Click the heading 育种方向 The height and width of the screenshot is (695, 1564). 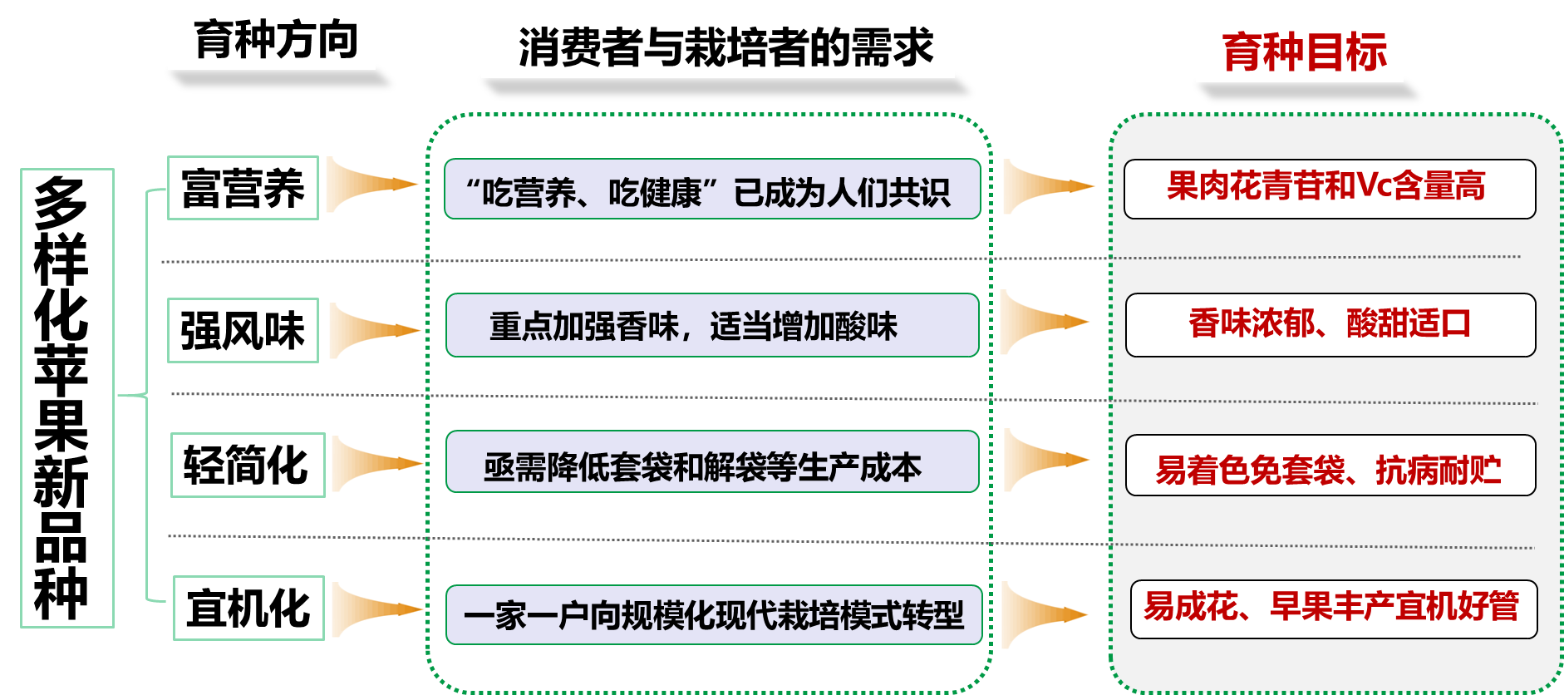pos(272,39)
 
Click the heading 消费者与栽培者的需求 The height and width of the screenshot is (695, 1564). pos(718,47)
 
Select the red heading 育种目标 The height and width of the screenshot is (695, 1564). pos(1300,52)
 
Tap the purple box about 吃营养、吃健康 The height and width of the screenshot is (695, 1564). pos(712,190)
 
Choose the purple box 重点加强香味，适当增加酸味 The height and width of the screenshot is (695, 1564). pos(712,325)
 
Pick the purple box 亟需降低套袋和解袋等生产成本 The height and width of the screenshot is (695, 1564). pos(712,462)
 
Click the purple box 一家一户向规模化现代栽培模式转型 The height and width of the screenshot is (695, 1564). pos(714,615)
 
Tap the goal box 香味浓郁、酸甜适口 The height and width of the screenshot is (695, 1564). pos(1330,325)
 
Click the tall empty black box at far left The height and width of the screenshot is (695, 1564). pos(67,397)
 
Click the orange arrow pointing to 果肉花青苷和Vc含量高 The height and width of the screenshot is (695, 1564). pos(1050,187)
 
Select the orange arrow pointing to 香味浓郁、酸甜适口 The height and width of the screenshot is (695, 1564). pos(1046,322)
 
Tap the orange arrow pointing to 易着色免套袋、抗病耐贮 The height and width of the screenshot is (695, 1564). pos(1048,461)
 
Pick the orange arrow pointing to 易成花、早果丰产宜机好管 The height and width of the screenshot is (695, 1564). pos(1046,615)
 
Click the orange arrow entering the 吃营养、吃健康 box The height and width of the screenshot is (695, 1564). pos(374,185)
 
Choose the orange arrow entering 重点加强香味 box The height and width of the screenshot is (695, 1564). pos(376,331)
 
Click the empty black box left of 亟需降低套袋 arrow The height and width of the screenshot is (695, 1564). pos(248,465)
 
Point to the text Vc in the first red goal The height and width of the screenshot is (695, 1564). pos(1371,186)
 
